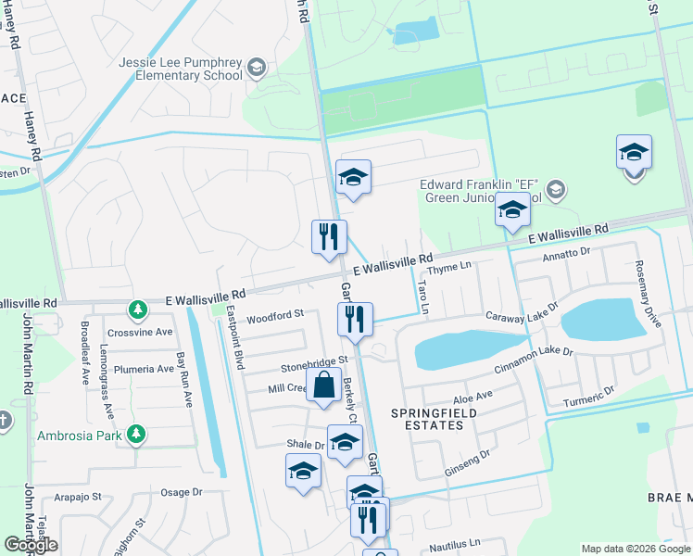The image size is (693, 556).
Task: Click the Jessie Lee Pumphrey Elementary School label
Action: (x=180, y=69)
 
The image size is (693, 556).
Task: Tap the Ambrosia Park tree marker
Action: (x=136, y=433)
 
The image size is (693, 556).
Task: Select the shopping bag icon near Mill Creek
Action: (x=323, y=385)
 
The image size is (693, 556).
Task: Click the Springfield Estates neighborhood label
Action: (x=426, y=418)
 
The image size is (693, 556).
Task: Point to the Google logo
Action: (x=31, y=545)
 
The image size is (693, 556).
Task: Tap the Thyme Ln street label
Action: (x=454, y=267)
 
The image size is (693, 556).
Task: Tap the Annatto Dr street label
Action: (x=566, y=253)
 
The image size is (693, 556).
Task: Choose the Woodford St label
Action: (x=275, y=315)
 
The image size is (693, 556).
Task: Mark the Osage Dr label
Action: (x=182, y=493)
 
